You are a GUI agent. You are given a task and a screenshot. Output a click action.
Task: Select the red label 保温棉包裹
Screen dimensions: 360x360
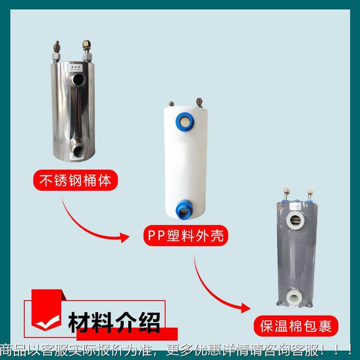[x=296, y=325]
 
